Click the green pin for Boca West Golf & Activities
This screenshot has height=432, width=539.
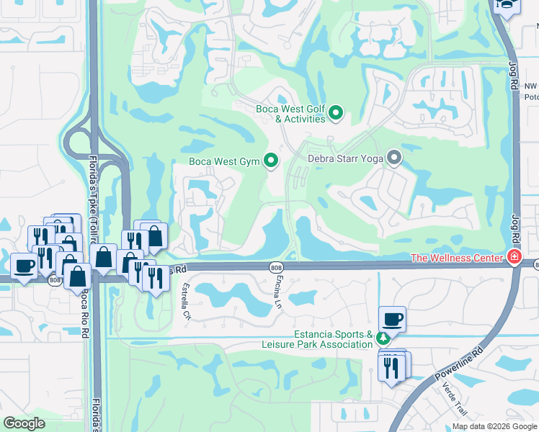(336, 113)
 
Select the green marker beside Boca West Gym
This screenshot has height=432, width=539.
(271, 161)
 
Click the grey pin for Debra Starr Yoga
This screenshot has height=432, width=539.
(393, 157)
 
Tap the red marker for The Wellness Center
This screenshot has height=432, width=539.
(514, 257)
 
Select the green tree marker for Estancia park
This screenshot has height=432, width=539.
(385, 338)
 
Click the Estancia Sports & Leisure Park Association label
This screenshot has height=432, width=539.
(333, 339)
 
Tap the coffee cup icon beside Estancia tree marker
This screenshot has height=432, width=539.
(392, 318)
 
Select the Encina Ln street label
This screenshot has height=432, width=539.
(277, 289)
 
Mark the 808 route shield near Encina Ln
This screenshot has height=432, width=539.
(277, 267)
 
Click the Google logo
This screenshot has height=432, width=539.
(24, 423)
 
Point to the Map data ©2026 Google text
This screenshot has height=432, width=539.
(494, 426)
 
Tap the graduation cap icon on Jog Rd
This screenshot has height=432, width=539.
(507, 6)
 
